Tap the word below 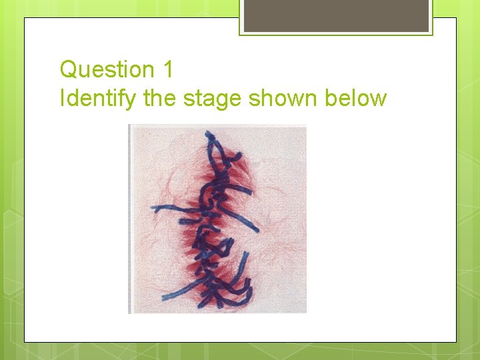tap(355, 99)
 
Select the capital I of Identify tap(62, 99)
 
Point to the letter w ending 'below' tap(379, 99)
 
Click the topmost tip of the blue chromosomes tap(209, 133)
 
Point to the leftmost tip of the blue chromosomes tap(153, 209)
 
